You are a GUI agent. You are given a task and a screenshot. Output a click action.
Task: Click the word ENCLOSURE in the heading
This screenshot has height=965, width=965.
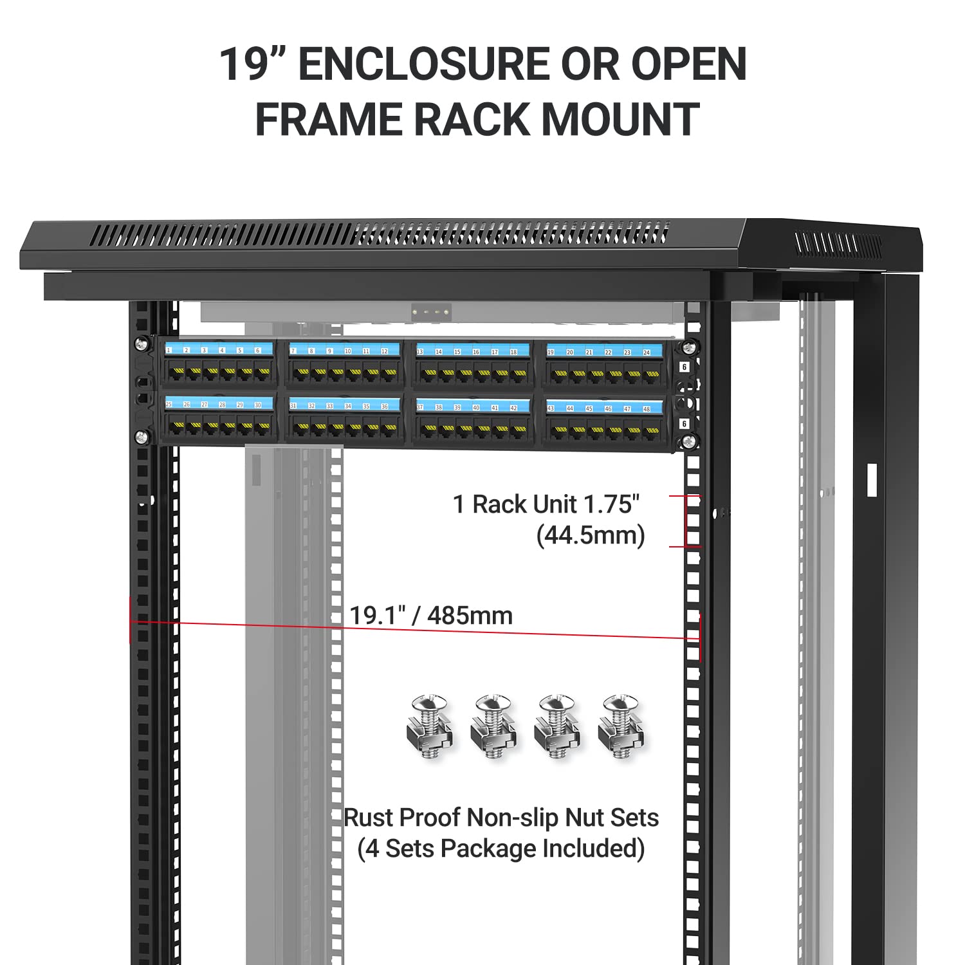(425, 64)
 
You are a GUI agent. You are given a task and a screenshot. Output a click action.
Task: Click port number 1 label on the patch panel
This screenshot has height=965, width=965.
(169, 351)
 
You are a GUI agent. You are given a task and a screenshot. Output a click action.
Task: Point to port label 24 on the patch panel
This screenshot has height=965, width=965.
(647, 353)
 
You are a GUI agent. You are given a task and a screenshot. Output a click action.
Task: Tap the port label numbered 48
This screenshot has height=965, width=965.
(647, 409)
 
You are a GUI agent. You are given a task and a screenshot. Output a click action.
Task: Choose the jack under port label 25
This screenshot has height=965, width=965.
(176, 426)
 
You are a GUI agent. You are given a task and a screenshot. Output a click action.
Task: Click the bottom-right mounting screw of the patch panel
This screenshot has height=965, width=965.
(689, 441)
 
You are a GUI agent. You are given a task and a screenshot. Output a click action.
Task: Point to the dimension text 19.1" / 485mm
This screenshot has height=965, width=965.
(431, 616)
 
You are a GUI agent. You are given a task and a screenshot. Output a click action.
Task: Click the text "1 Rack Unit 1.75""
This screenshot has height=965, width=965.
(546, 504)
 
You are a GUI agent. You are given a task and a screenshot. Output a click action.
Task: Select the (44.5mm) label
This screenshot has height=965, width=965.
(590, 535)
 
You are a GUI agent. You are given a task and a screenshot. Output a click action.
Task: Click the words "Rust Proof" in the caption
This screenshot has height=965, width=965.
(403, 818)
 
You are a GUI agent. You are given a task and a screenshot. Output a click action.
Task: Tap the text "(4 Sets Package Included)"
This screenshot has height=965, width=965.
(501, 849)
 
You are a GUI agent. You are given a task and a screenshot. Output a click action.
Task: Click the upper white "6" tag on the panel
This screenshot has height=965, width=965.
(685, 367)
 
